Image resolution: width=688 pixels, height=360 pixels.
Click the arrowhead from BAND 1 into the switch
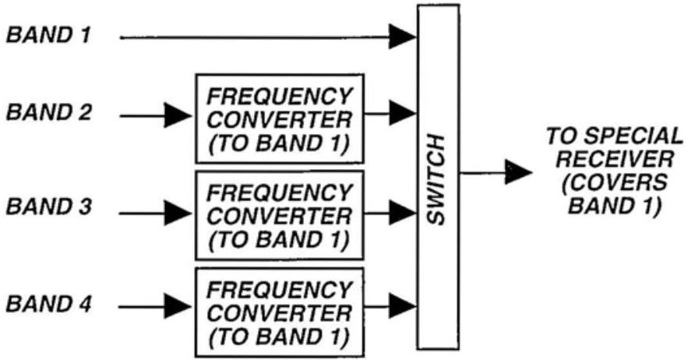(404, 36)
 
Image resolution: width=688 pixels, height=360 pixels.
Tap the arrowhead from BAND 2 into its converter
(178, 116)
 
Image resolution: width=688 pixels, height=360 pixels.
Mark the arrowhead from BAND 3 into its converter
(178, 210)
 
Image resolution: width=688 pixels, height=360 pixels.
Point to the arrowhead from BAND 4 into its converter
(178, 306)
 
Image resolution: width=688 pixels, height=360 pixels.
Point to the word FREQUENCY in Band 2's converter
(279, 97)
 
